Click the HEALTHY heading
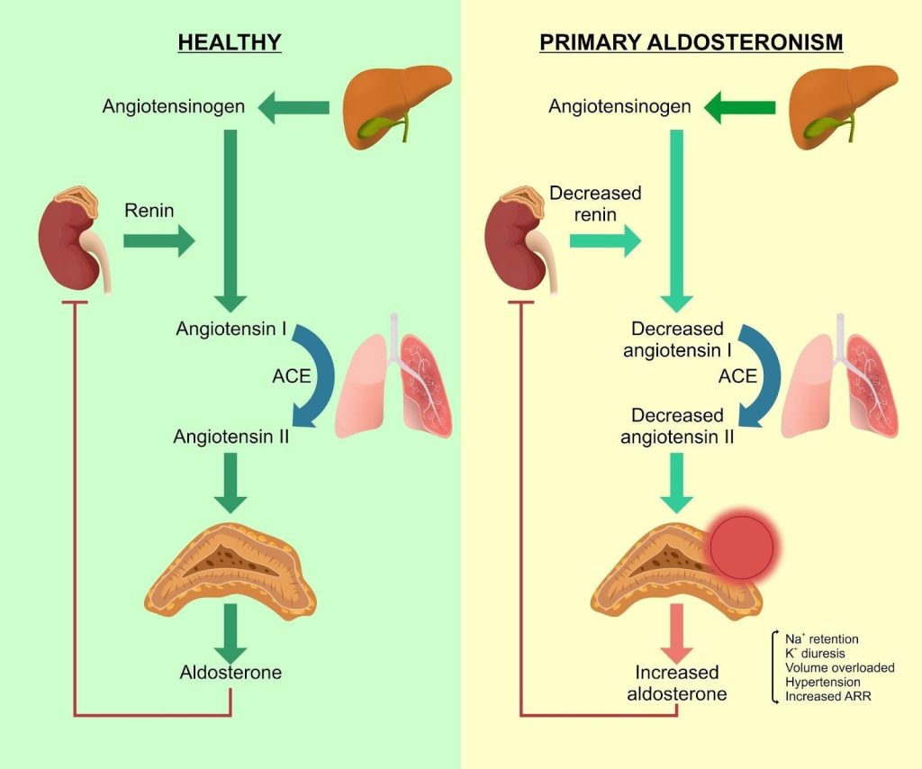pos(230,42)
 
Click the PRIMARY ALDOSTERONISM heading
pos(691,42)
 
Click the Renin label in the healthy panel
pos(150,211)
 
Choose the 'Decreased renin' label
pos(594,204)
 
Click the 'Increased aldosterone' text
pos(677,683)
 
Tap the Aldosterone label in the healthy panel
pos(230,673)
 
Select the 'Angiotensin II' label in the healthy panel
pos(231,437)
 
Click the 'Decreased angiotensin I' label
pos(677,339)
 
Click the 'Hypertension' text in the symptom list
pos(822,682)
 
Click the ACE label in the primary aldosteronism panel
pos(737,375)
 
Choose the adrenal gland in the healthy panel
pos(230,563)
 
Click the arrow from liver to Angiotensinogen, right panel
pos(739,108)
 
